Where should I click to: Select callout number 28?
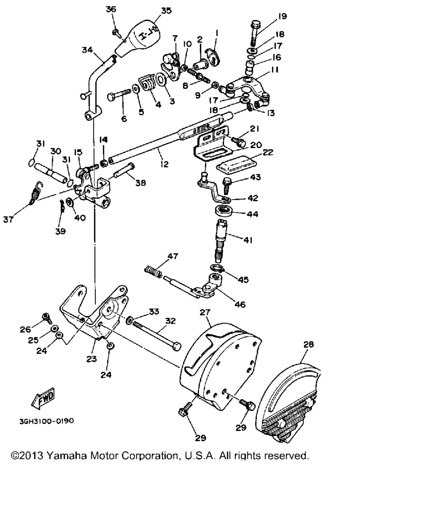click(309, 344)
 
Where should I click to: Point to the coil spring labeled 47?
click(153, 272)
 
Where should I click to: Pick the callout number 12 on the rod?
click(164, 164)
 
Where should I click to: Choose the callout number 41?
click(247, 240)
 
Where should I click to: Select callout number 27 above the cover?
click(205, 312)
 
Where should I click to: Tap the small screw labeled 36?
click(117, 33)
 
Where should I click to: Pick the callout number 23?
click(91, 359)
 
